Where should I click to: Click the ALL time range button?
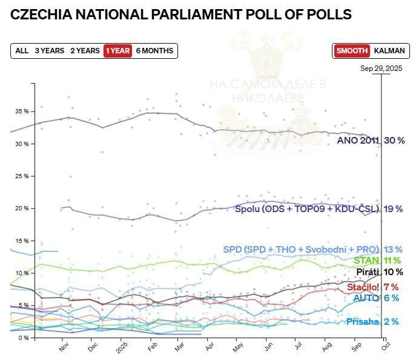point(22,51)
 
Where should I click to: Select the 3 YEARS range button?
point(49,51)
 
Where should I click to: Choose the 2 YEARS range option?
point(85,51)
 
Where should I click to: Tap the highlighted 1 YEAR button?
point(117,51)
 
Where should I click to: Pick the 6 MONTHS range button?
point(154,51)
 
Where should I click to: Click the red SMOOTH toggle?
point(351,51)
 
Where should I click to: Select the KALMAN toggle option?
point(389,51)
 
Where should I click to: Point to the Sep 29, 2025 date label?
point(381,68)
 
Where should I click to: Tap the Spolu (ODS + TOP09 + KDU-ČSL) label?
point(306,209)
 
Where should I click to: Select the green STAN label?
point(366,261)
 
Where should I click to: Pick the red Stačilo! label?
point(363,287)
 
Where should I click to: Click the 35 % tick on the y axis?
point(22,112)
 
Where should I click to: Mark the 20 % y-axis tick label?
point(22,208)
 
